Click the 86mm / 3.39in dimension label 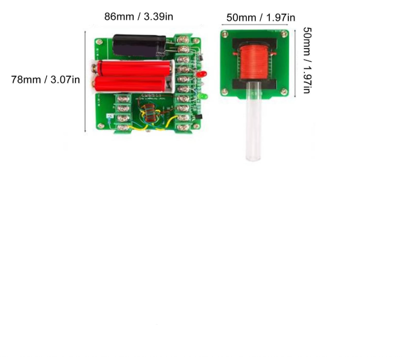click(139, 17)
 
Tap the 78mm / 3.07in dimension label click(45, 79)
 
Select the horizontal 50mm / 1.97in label click(260, 18)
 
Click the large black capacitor click(139, 46)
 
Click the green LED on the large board click(203, 96)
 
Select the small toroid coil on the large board click(149, 115)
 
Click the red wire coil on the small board click(255, 62)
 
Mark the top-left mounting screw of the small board click(226, 33)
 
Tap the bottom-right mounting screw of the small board click(283, 92)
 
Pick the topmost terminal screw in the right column click(183, 40)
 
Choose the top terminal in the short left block click(124, 99)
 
